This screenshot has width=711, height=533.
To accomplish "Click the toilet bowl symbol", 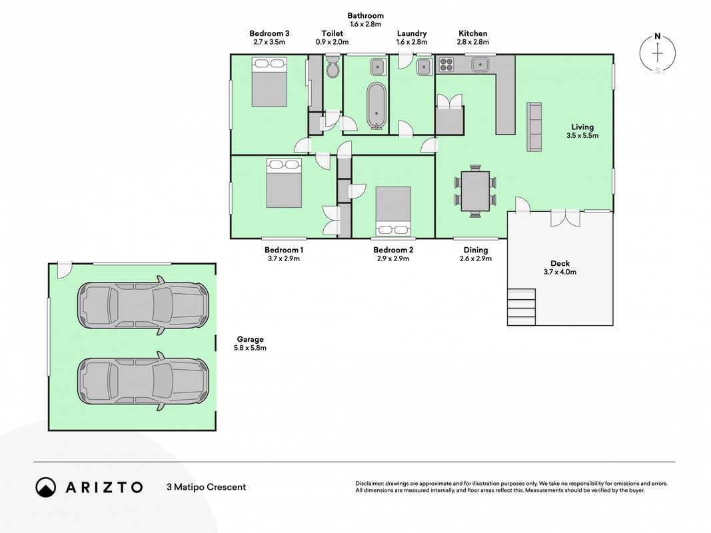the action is tap(333, 66).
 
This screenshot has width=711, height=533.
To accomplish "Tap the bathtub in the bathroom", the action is tap(376, 106).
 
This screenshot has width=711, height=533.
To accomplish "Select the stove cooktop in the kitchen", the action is tap(446, 65).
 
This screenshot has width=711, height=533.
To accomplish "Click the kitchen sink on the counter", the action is tap(479, 65).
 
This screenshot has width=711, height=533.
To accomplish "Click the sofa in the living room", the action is tap(534, 127).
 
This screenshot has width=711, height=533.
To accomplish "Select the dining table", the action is tap(475, 191).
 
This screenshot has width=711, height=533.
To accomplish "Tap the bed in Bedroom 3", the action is tap(269, 82).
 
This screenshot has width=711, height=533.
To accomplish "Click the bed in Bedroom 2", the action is tap(393, 211).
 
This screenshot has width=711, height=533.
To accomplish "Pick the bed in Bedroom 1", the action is tap(284, 183).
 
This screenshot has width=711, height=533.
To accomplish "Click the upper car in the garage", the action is tap(143, 305).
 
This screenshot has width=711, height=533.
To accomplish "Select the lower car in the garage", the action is tap(143, 381).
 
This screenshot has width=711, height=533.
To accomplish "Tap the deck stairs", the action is tap(522, 307).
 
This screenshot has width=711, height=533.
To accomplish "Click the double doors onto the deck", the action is tap(566, 218).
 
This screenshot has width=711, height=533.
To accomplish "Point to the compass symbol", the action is tap(658, 53).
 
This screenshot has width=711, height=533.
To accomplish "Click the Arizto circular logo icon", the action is tap(46, 487).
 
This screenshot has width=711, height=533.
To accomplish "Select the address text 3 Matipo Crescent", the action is tap(207, 487).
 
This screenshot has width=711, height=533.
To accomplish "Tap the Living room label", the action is tap(582, 127).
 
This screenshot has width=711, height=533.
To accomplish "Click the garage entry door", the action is tap(65, 270).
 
